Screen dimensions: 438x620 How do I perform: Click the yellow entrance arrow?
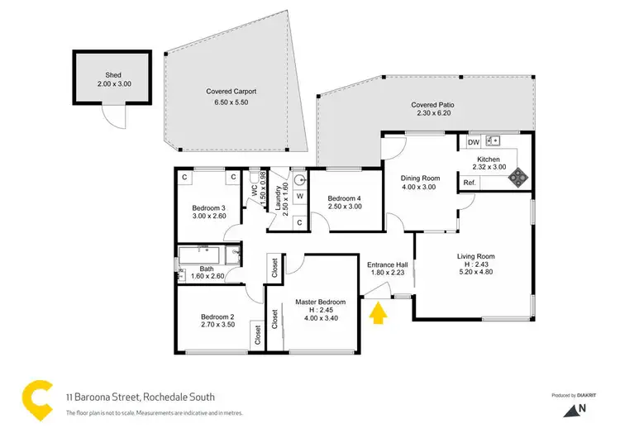(x=379, y=314)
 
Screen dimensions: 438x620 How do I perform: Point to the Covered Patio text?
(x=433, y=105)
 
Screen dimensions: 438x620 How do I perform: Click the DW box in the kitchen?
(x=474, y=143)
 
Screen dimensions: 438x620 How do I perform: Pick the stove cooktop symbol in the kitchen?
(x=517, y=175)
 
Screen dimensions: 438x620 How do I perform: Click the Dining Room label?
(x=419, y=178)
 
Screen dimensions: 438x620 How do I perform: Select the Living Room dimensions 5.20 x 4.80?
(x=475, y=266)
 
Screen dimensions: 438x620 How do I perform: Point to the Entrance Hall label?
(x=387, y=265)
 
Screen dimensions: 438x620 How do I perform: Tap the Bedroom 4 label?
(x=345, y=198)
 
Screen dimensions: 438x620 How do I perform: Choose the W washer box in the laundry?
(x=298, y=198)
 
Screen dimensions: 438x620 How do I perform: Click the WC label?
(x=255, y=188)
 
